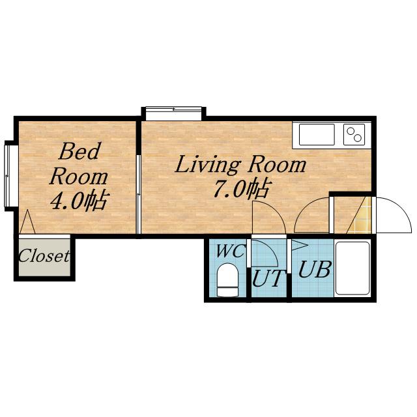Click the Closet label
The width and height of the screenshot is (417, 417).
point(44,255)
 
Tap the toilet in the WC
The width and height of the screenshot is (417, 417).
point(227,280)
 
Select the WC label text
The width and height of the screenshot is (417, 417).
point(230,251)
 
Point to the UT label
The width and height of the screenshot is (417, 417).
point(266,278)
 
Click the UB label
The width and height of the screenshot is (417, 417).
point(315,269)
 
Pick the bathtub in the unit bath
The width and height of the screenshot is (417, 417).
point(352,268)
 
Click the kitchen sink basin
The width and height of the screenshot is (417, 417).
point(317,134)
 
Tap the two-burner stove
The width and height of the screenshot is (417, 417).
point(354,134)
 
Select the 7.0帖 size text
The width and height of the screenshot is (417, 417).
point(242,189)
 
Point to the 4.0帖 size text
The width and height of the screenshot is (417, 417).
point(79,200)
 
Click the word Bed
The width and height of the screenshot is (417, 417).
point(79,151)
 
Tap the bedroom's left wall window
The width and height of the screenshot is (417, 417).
point(7,177)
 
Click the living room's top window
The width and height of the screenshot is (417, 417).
point(173,113)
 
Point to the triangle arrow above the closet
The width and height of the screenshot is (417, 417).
point(27,222)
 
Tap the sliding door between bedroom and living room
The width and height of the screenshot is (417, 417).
point(138,194)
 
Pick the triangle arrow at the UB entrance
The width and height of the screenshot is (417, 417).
point(300,245)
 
